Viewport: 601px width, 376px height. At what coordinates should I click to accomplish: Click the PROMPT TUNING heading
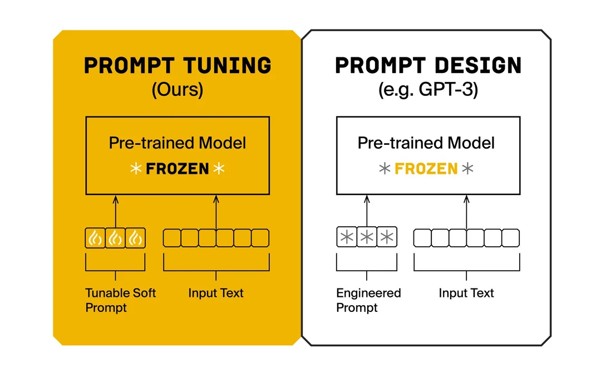178,65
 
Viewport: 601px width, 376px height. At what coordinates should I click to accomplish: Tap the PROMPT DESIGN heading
428,65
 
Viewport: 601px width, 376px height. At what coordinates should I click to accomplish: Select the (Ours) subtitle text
178,90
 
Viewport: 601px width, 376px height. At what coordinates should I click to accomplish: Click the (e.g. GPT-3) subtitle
428,90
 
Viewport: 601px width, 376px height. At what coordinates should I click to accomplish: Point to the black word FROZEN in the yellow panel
178,169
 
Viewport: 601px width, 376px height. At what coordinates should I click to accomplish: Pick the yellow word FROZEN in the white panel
426,169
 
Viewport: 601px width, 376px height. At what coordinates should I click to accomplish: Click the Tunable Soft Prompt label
120,300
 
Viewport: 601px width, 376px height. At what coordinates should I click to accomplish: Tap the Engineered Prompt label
368,300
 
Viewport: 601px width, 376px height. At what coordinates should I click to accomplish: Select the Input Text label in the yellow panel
216,293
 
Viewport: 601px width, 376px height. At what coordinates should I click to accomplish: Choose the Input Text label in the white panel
466,293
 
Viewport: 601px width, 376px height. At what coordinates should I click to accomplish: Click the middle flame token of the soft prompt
115,238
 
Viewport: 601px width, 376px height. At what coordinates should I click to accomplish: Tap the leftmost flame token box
95,238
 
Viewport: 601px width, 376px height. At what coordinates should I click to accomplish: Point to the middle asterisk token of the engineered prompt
367,237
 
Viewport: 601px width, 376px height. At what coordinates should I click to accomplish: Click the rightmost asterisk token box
387,237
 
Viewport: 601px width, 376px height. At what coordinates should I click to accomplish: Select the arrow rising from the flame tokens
115,212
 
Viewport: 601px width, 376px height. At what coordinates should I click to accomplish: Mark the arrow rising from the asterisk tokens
367,211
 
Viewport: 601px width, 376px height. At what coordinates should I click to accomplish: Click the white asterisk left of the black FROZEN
136,168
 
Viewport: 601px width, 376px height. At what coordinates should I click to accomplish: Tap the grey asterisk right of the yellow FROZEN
467,168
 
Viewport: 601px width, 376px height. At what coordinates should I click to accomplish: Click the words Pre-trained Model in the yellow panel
178,143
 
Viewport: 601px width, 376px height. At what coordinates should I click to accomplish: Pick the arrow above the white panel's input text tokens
466,212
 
